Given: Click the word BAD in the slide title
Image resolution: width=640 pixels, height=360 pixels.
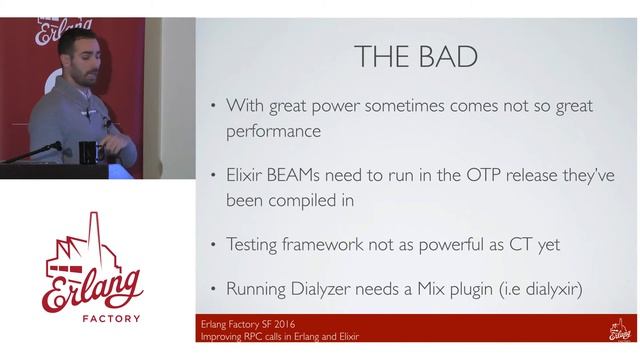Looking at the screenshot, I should pos(447,57).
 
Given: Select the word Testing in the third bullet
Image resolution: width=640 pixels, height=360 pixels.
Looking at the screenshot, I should pos(257,244).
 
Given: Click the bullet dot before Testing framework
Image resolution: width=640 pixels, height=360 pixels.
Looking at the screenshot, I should pos(212,245).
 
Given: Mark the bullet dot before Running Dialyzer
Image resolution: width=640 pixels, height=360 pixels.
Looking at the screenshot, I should pos(212,291).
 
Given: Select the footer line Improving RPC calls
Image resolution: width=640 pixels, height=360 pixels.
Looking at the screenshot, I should pos(280,336).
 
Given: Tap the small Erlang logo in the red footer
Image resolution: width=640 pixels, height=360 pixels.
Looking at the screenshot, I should pos(619,329).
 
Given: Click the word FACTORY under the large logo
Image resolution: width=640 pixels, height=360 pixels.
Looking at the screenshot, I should pos(96,319).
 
